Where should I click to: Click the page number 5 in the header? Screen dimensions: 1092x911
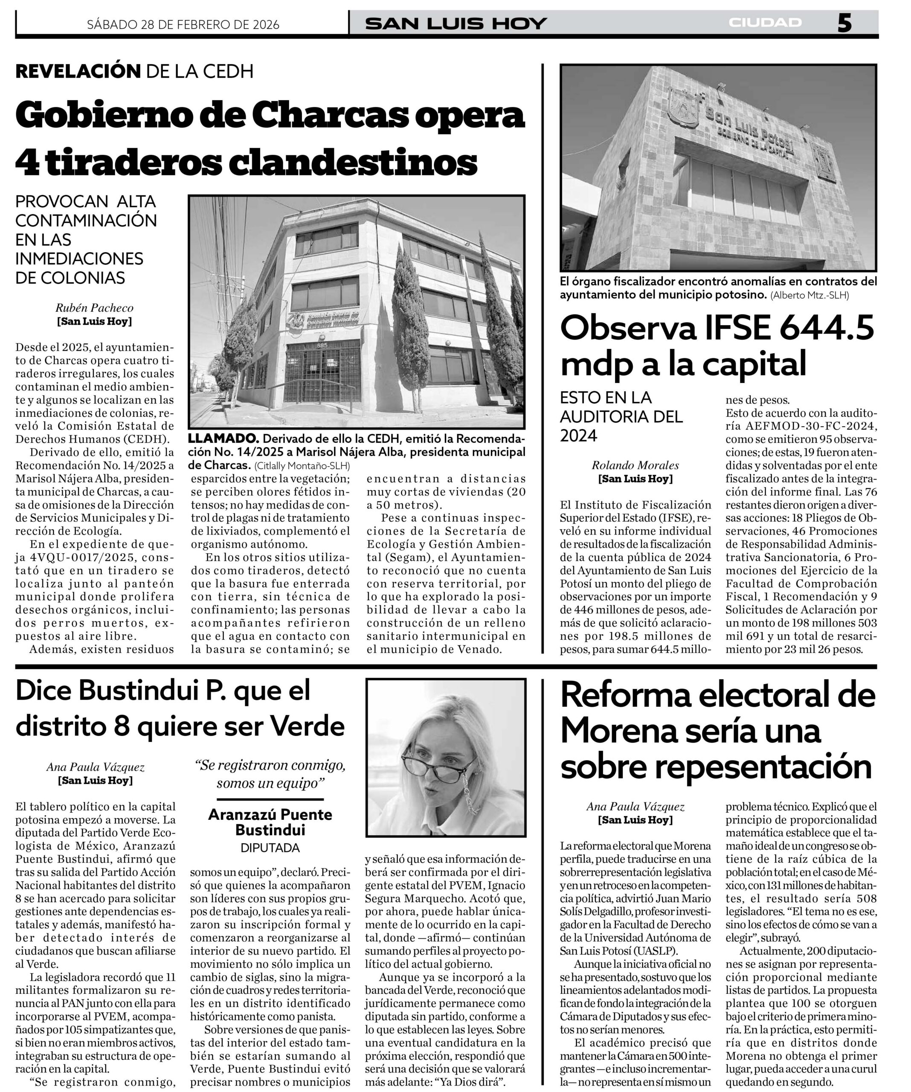coord(844,23)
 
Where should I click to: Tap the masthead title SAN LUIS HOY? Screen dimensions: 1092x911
coord(456,23)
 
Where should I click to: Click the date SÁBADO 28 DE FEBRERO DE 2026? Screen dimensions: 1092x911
coord(183,24)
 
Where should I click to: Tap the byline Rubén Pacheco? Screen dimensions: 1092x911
coord(94,308)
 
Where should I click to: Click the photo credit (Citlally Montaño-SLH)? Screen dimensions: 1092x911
coord(302,465)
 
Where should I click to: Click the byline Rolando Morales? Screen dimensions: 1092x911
coord(635,465)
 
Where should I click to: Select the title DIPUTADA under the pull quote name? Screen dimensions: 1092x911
coord(270,848)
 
